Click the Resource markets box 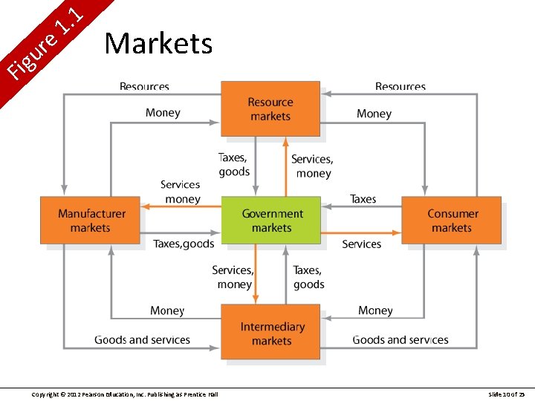click(x=270, y=109)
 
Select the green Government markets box click(x=271, y=221)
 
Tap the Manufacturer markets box click(x=90, y=221)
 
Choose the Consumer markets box click(x=452, y=221)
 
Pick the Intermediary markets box click(x=271, y=333)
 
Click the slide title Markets click(x=158, y=44)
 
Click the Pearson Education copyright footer click(x=125, y=394)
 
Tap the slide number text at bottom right click(x=507, y=394)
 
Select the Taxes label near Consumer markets click(x=363, y=199)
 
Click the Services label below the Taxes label click(x=361, y=244)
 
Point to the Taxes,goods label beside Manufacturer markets click(x=184, y=244)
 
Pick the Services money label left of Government click(x=181, y=192)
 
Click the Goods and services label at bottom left click(x=142, y=340)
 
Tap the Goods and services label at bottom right click(x=401, y=340)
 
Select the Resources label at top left click(x=144, y=88)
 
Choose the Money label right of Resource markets click(x=374, y=114)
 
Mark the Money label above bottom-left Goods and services click(x=166, y=310)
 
